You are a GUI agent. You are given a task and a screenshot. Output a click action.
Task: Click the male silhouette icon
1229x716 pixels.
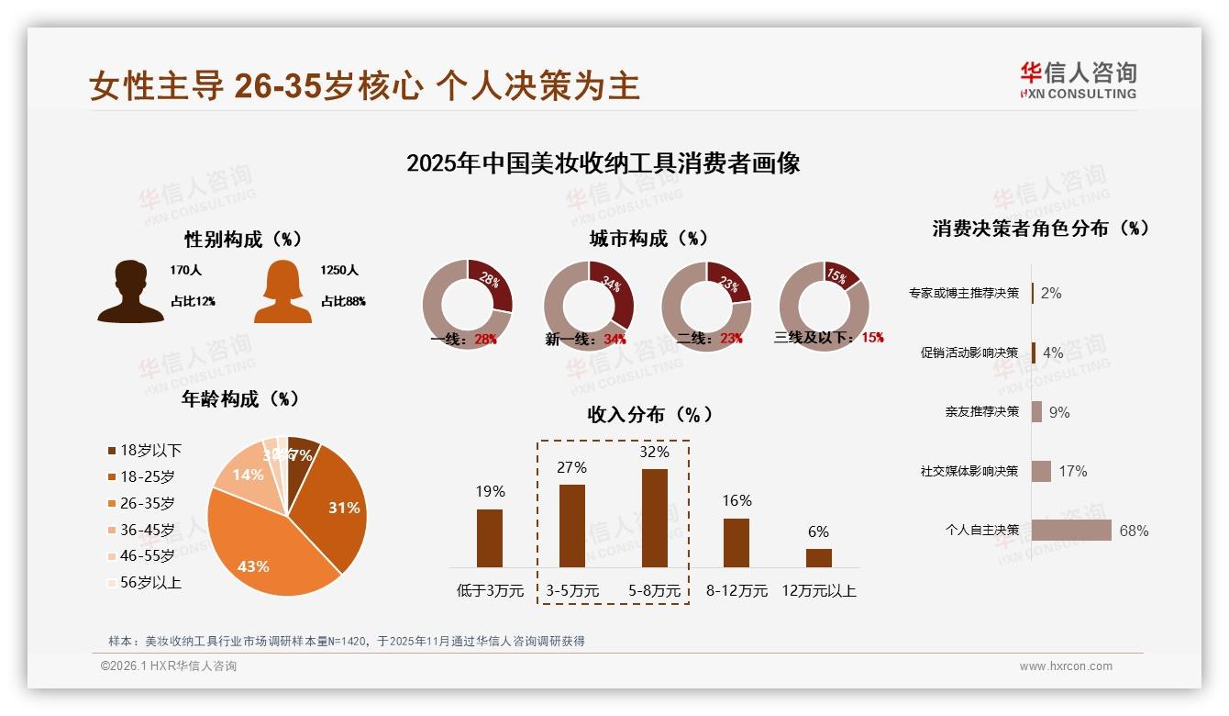click(x=130, y=291)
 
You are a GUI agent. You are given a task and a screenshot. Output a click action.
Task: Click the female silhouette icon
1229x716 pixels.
click(x=282, y=291)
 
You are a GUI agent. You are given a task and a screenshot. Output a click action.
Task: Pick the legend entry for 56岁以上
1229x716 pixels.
click(x=144, y=582)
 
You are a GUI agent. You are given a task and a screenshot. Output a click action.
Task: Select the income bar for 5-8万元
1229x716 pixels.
click(x=655, y=518)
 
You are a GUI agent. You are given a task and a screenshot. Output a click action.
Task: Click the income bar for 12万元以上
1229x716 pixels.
click(x=818, y=557)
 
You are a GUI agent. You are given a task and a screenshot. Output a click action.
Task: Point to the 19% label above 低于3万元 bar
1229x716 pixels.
click(x=490, y=491)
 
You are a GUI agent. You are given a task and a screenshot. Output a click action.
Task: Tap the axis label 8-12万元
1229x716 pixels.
click(x=736, y=590)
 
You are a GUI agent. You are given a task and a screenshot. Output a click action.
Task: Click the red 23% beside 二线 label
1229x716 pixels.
click(x=731, y=338)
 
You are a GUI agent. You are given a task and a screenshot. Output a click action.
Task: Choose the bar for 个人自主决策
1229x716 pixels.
click(x=1071, y=531)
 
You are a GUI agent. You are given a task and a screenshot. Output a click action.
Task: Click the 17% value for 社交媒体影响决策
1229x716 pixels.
click(x=1072, y=471)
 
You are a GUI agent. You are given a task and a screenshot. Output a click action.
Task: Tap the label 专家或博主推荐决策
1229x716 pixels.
click(x=963, y=293)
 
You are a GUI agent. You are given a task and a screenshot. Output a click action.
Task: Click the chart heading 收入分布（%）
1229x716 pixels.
click(x=649, y=415)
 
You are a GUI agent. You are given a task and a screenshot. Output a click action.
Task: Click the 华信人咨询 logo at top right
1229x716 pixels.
click(x=1078, y=80)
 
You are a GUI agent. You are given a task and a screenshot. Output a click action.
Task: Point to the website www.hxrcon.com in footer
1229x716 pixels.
click(x=1066, y=666)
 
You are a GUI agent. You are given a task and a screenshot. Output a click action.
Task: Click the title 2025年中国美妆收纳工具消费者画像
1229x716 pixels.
click(x=603, y=163)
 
